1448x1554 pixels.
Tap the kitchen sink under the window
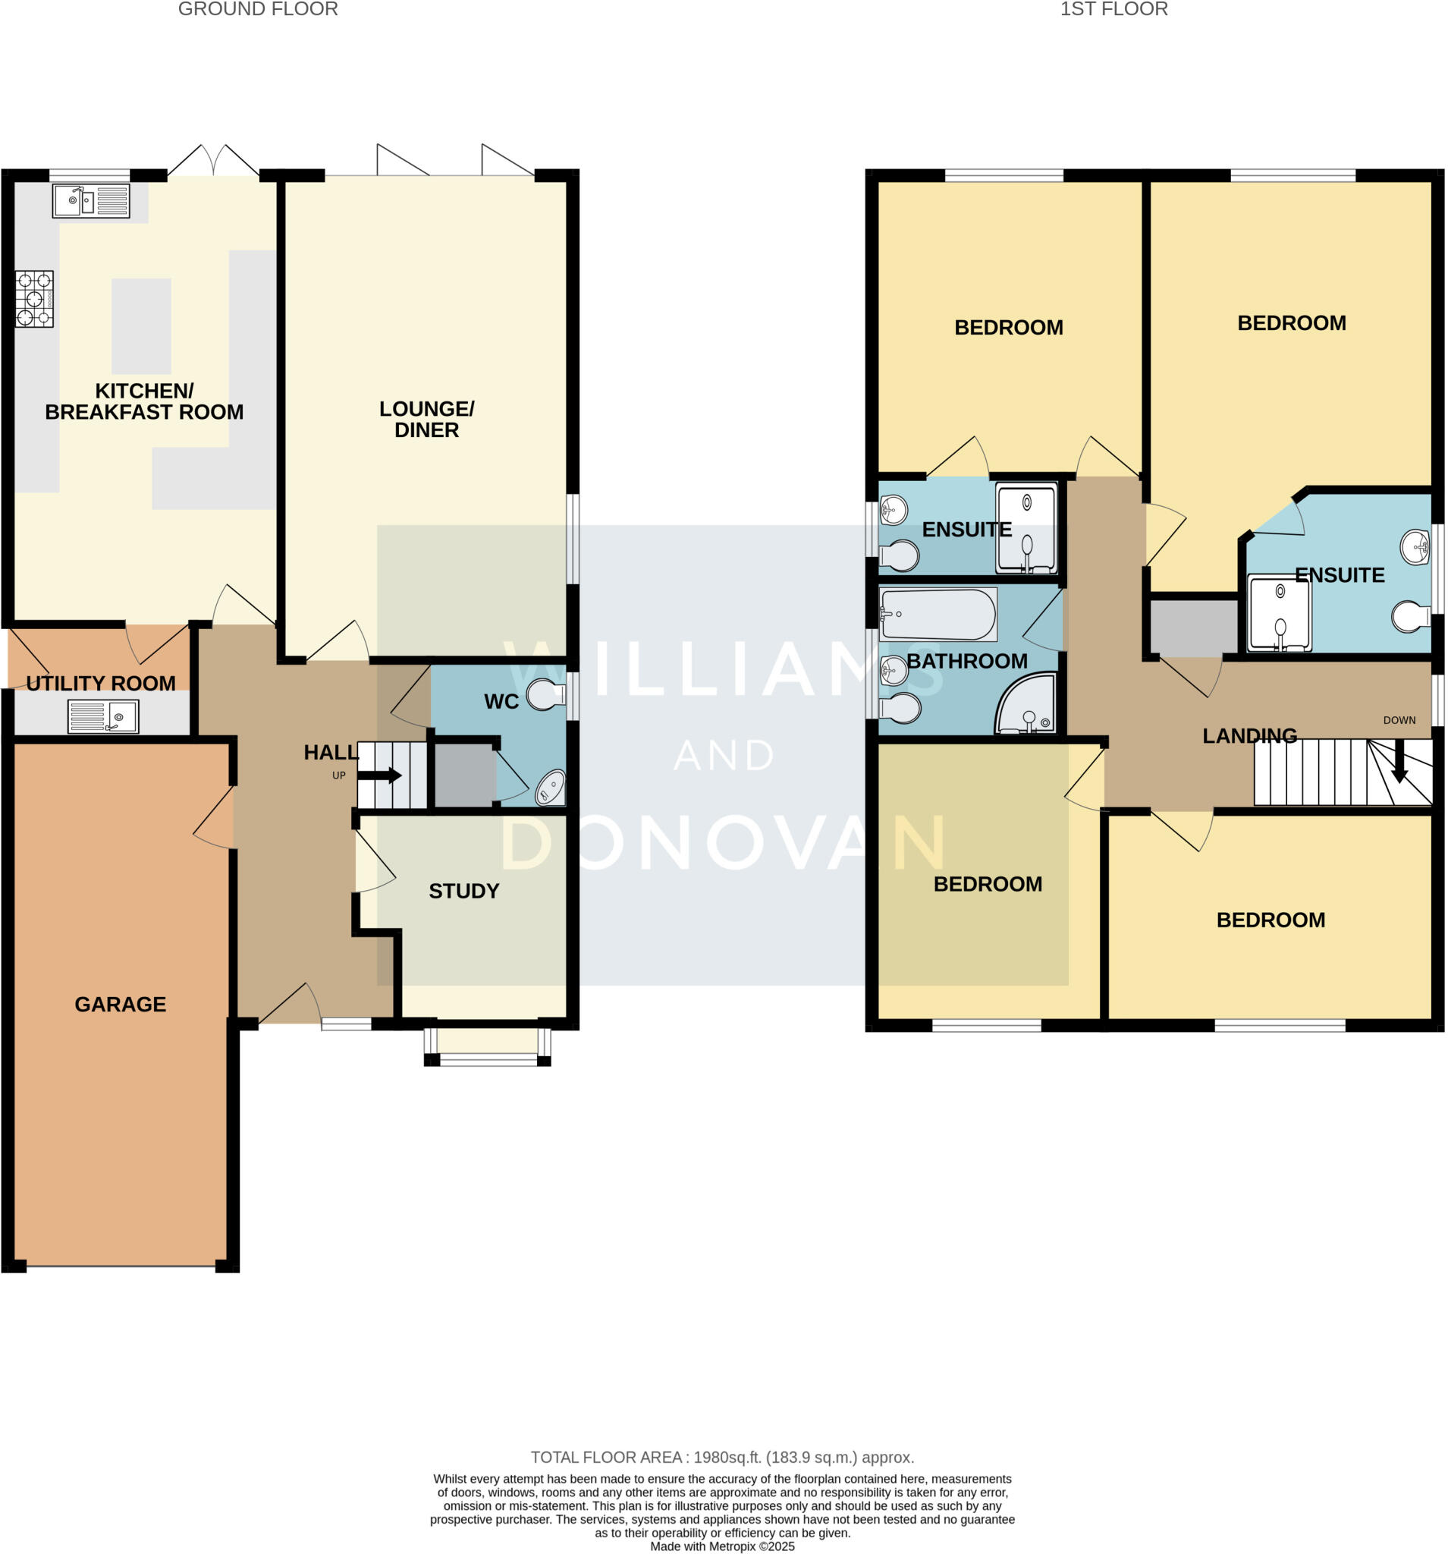(91, 201)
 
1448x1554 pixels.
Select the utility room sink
(103, 716)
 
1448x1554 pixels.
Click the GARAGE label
(121, 1005)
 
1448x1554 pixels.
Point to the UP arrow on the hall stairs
(380, 775)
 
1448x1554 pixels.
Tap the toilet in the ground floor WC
(545, 694)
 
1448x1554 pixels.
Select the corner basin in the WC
(550, 788)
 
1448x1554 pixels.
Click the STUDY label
(463, 891)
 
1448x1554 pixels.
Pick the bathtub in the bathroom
(937, 615)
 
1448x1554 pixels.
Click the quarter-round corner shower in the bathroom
(1026, 704)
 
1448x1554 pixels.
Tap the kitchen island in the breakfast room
(141, 326)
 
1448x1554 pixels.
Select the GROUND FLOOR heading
(258, 9)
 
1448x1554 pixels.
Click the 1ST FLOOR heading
(1113, 9)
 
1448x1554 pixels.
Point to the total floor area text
(722, 1456)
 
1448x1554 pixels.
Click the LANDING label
(1249, 735)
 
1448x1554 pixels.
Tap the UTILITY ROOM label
(101, 683)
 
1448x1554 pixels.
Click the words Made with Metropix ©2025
(722, 1546)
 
